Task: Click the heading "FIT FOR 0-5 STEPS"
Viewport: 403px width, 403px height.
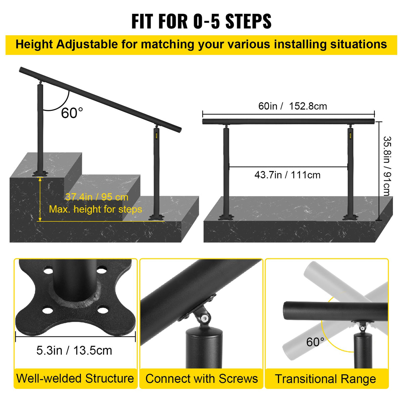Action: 201,21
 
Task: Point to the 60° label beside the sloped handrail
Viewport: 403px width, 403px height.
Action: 72,113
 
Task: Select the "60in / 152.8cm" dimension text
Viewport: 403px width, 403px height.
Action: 293,106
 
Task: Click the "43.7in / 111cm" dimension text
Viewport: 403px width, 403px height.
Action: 287,175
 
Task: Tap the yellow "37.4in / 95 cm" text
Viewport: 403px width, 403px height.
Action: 97,197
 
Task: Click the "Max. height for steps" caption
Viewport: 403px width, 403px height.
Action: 95,209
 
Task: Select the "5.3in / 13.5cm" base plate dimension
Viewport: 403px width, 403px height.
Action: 74,350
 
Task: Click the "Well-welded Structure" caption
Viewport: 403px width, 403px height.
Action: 75,378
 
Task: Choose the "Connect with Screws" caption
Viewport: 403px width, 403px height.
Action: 201,379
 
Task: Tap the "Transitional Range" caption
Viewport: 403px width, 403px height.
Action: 325,379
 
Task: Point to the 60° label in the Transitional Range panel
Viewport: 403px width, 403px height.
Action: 315,342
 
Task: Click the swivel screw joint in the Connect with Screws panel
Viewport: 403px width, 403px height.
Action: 204,317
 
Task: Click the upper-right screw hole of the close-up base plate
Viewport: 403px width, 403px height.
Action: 102,270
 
